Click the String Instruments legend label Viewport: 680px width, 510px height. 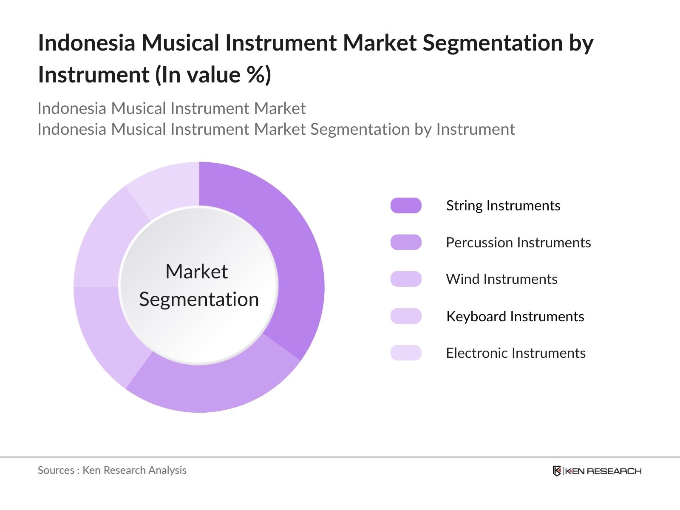coord(503,206)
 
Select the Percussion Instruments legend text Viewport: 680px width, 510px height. coord(518,243)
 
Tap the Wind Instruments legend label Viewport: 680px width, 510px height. coord(501,279)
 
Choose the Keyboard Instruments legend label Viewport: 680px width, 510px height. coord(515,317)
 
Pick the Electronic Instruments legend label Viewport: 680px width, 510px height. coord(516,353)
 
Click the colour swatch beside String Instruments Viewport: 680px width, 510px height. coord(406,206)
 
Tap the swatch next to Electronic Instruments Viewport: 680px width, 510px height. coord(406,353)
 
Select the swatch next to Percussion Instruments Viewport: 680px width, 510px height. coord(406,243)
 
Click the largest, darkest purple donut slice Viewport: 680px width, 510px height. coord(293,255)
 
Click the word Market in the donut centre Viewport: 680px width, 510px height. coord(196,272)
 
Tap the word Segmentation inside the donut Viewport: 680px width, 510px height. coord(199,300)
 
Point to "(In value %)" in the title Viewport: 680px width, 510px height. coord(212,75)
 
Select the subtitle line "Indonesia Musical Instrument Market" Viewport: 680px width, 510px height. coord(171,109)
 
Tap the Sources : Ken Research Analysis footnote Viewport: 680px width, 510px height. coord(112,470)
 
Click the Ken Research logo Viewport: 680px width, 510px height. coord(597,471)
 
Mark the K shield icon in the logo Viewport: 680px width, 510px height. coord(557,471)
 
